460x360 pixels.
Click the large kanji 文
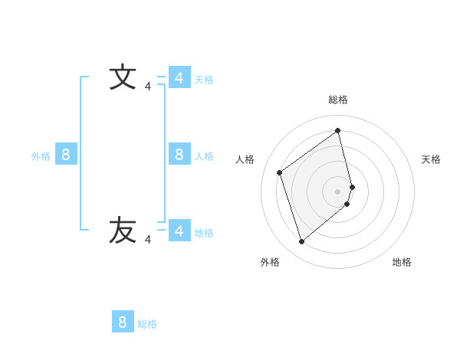point(123,78)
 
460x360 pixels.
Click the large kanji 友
point(123,231)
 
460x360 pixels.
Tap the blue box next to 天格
point(179,78)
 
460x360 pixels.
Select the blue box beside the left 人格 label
point(179,155)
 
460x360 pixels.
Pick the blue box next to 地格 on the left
point(179,231)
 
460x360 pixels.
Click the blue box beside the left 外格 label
point(66,155)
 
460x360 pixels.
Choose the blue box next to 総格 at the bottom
point(123,322)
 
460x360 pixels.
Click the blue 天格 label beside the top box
point(204,79)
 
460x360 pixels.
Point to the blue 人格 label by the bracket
point(204,156)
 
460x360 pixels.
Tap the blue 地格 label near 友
point(204,232)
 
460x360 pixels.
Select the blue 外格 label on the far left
point(41,156)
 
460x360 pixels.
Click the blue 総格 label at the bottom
point(147,324)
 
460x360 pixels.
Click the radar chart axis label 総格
point(338,100)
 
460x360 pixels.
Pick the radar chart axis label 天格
point(432,159)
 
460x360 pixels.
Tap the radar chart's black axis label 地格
point(402,262)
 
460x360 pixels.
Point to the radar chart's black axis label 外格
point(270,262)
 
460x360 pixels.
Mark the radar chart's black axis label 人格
point(245,159)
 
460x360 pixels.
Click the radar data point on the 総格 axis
point(338,130)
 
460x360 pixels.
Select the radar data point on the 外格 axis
point(301,242)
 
